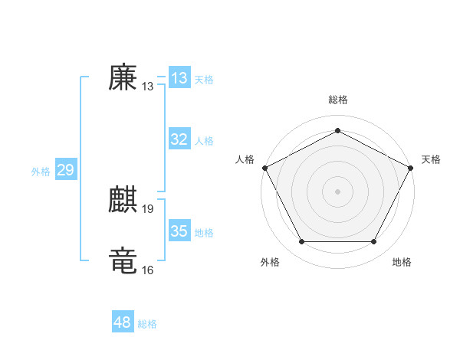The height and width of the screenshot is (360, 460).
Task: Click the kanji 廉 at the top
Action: [123, 77]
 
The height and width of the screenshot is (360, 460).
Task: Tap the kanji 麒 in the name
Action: [123, 201]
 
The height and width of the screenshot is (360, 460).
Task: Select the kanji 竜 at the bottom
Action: [123, 261]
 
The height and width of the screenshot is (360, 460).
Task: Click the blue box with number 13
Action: [179, 78]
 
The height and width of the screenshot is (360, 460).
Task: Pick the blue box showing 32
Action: [179, 139]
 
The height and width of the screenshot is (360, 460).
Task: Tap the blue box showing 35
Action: [179, 231]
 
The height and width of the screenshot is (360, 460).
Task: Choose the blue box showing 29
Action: [65, 170]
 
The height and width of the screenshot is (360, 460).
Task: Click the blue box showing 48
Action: [123, 322]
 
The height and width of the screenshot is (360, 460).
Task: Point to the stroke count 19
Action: [148, 209]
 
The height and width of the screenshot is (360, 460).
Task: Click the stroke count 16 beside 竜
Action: [148, 270]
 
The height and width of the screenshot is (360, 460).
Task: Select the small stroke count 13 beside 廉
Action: [148, 87]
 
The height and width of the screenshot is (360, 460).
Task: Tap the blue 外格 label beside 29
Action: [41, 172]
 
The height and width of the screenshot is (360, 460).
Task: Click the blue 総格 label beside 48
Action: [147, 324]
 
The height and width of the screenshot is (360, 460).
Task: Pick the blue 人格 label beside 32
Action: [204, 141]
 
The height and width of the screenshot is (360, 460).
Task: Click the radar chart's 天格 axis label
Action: [431, 159]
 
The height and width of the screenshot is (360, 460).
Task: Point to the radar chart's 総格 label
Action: [338, 100]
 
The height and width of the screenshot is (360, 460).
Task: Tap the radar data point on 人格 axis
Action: [264, 167]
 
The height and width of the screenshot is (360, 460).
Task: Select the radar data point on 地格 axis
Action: [374, 242]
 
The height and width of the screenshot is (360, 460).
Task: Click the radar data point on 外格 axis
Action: [301, 242]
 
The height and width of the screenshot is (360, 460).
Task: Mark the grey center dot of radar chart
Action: [337, 191]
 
